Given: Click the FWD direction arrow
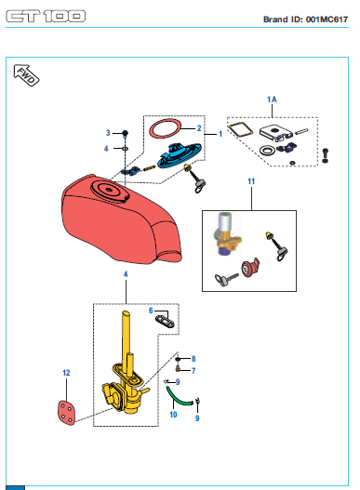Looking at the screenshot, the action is coord(26,75).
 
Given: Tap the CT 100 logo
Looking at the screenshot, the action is coord(46,16).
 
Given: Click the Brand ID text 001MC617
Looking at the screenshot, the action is coord(327,20).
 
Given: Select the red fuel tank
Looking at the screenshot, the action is coord(121,219).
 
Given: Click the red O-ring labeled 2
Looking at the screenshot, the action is coord(166,127).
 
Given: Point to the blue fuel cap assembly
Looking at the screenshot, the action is coord(180,155).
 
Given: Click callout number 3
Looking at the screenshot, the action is coord(108,133).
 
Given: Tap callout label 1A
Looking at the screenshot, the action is coord(272,99).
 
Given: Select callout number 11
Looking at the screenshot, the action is coord(251,181).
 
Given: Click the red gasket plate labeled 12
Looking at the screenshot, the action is coord(66,413).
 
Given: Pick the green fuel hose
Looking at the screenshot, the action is coord(179,398).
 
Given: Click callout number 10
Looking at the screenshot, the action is coord(173,415).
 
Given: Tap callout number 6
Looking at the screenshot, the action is coord(151,311).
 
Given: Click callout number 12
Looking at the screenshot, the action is coord(66,373).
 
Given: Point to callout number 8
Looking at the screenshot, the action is coord(193,359).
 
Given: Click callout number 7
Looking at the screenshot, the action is coord(193,371).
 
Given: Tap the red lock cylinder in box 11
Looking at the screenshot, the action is coord(250,268).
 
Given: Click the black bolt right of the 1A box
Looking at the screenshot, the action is coord(325,155).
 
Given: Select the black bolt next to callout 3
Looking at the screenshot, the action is coord(125,134).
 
